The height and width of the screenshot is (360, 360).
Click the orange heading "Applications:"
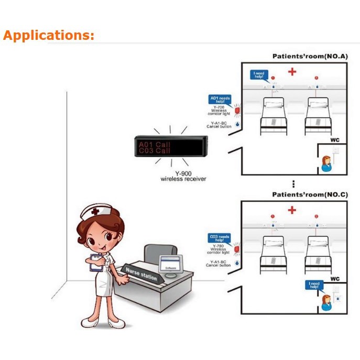tap(48, 36)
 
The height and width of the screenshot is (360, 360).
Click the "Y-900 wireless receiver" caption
tap(183, 177)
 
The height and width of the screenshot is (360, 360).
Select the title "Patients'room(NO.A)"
tap(310, 56)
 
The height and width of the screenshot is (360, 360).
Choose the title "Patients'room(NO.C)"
tap(310, 194)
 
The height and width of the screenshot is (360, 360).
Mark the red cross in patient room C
tap(292, 210)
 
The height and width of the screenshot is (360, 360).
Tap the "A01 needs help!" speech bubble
tap(220, 100)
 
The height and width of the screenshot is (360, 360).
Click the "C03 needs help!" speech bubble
tap(220, 238)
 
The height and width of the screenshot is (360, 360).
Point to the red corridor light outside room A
tap(236, 111)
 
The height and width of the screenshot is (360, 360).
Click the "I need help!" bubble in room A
tap(259, 75)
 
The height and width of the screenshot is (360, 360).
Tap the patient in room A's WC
tap(326, 163)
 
